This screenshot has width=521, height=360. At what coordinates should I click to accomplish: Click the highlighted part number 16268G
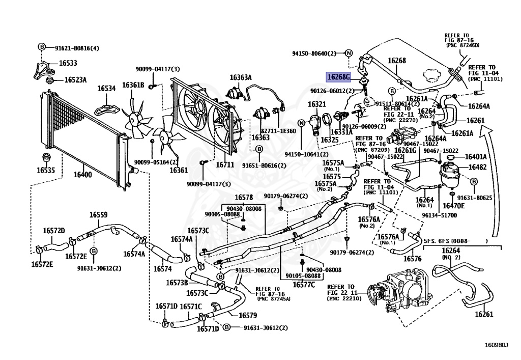[x=339, y=77]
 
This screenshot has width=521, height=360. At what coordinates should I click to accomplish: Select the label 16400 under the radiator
[x=83, y=175]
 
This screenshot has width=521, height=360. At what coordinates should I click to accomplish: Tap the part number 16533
[x=68, y=64]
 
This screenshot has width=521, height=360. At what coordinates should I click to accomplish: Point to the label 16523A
[x=75, y=80]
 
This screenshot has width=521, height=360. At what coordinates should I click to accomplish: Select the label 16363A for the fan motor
[x=241, y=77]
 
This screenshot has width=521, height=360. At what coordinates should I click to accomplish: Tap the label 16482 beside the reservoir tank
[x=477, y=167]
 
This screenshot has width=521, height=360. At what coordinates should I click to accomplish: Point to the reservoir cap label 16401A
[x=477, y=157]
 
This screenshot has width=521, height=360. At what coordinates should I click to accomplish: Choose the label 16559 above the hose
[x=99, y=215]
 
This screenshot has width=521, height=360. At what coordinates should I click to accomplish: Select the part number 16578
[x=244, y=197]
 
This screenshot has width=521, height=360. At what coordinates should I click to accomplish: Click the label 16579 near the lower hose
[x=247, y=315]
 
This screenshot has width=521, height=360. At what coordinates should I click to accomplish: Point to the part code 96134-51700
[x=439, y=215]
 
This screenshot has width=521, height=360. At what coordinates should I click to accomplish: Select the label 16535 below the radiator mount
[x=45, y=171]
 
